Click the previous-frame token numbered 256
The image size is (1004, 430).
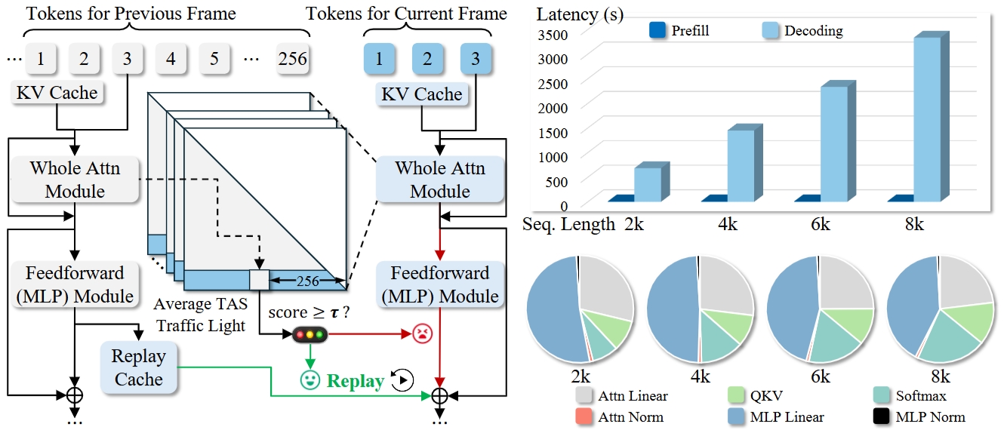tap(292, 58)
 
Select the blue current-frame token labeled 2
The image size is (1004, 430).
tap(427, 58)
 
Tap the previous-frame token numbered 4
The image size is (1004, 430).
tap(171, 58)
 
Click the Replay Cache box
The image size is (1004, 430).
tap(138, 367)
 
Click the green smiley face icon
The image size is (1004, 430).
tap(309, 380)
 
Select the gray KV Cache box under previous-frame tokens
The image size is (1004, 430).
tap(57, 93)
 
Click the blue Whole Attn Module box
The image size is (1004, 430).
tap(439, 179)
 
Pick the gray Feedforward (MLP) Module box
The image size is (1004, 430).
tap(74, 284)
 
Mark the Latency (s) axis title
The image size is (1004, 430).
tap(580, 14)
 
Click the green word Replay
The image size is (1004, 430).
tap(355, 381)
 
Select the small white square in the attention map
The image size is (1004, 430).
tap(259, 278)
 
